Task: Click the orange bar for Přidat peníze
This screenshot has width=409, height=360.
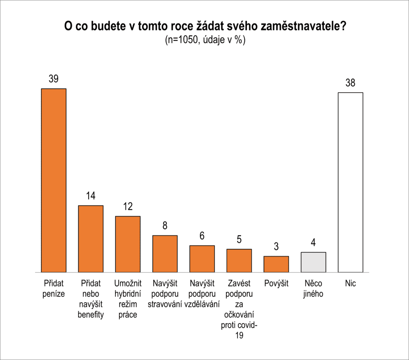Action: (x=54, y=180)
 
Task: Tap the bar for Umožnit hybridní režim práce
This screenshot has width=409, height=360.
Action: (x=128, y=244)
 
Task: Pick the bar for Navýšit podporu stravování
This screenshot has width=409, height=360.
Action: (x=165, y=254)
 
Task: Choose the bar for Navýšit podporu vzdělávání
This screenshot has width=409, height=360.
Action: (x=202, y=259)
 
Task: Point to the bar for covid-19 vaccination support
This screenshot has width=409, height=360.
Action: (x=239, y=261)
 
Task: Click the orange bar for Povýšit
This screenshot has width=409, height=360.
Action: (x=276, y=264)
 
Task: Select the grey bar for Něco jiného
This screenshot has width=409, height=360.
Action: (x=314, y=262)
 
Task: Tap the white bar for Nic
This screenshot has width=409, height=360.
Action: (x=350, y=182)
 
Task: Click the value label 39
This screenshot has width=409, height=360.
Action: (x=54, y=79)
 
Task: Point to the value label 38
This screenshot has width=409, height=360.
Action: (x=350, y=83)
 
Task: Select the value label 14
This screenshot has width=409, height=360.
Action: (x=91, y=196)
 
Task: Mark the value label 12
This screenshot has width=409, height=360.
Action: (x=128, y=207)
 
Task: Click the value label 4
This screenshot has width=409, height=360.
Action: (x=314, y=243)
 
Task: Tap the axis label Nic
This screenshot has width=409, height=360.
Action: (x=350, y=284)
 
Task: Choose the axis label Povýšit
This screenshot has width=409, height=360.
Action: (x=276, y=284)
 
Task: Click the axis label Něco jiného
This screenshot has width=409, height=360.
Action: (x=314, y=289)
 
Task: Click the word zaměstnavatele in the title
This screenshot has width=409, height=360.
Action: (x=303, y=27)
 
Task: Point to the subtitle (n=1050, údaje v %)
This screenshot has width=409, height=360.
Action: (x=204, y=40)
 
